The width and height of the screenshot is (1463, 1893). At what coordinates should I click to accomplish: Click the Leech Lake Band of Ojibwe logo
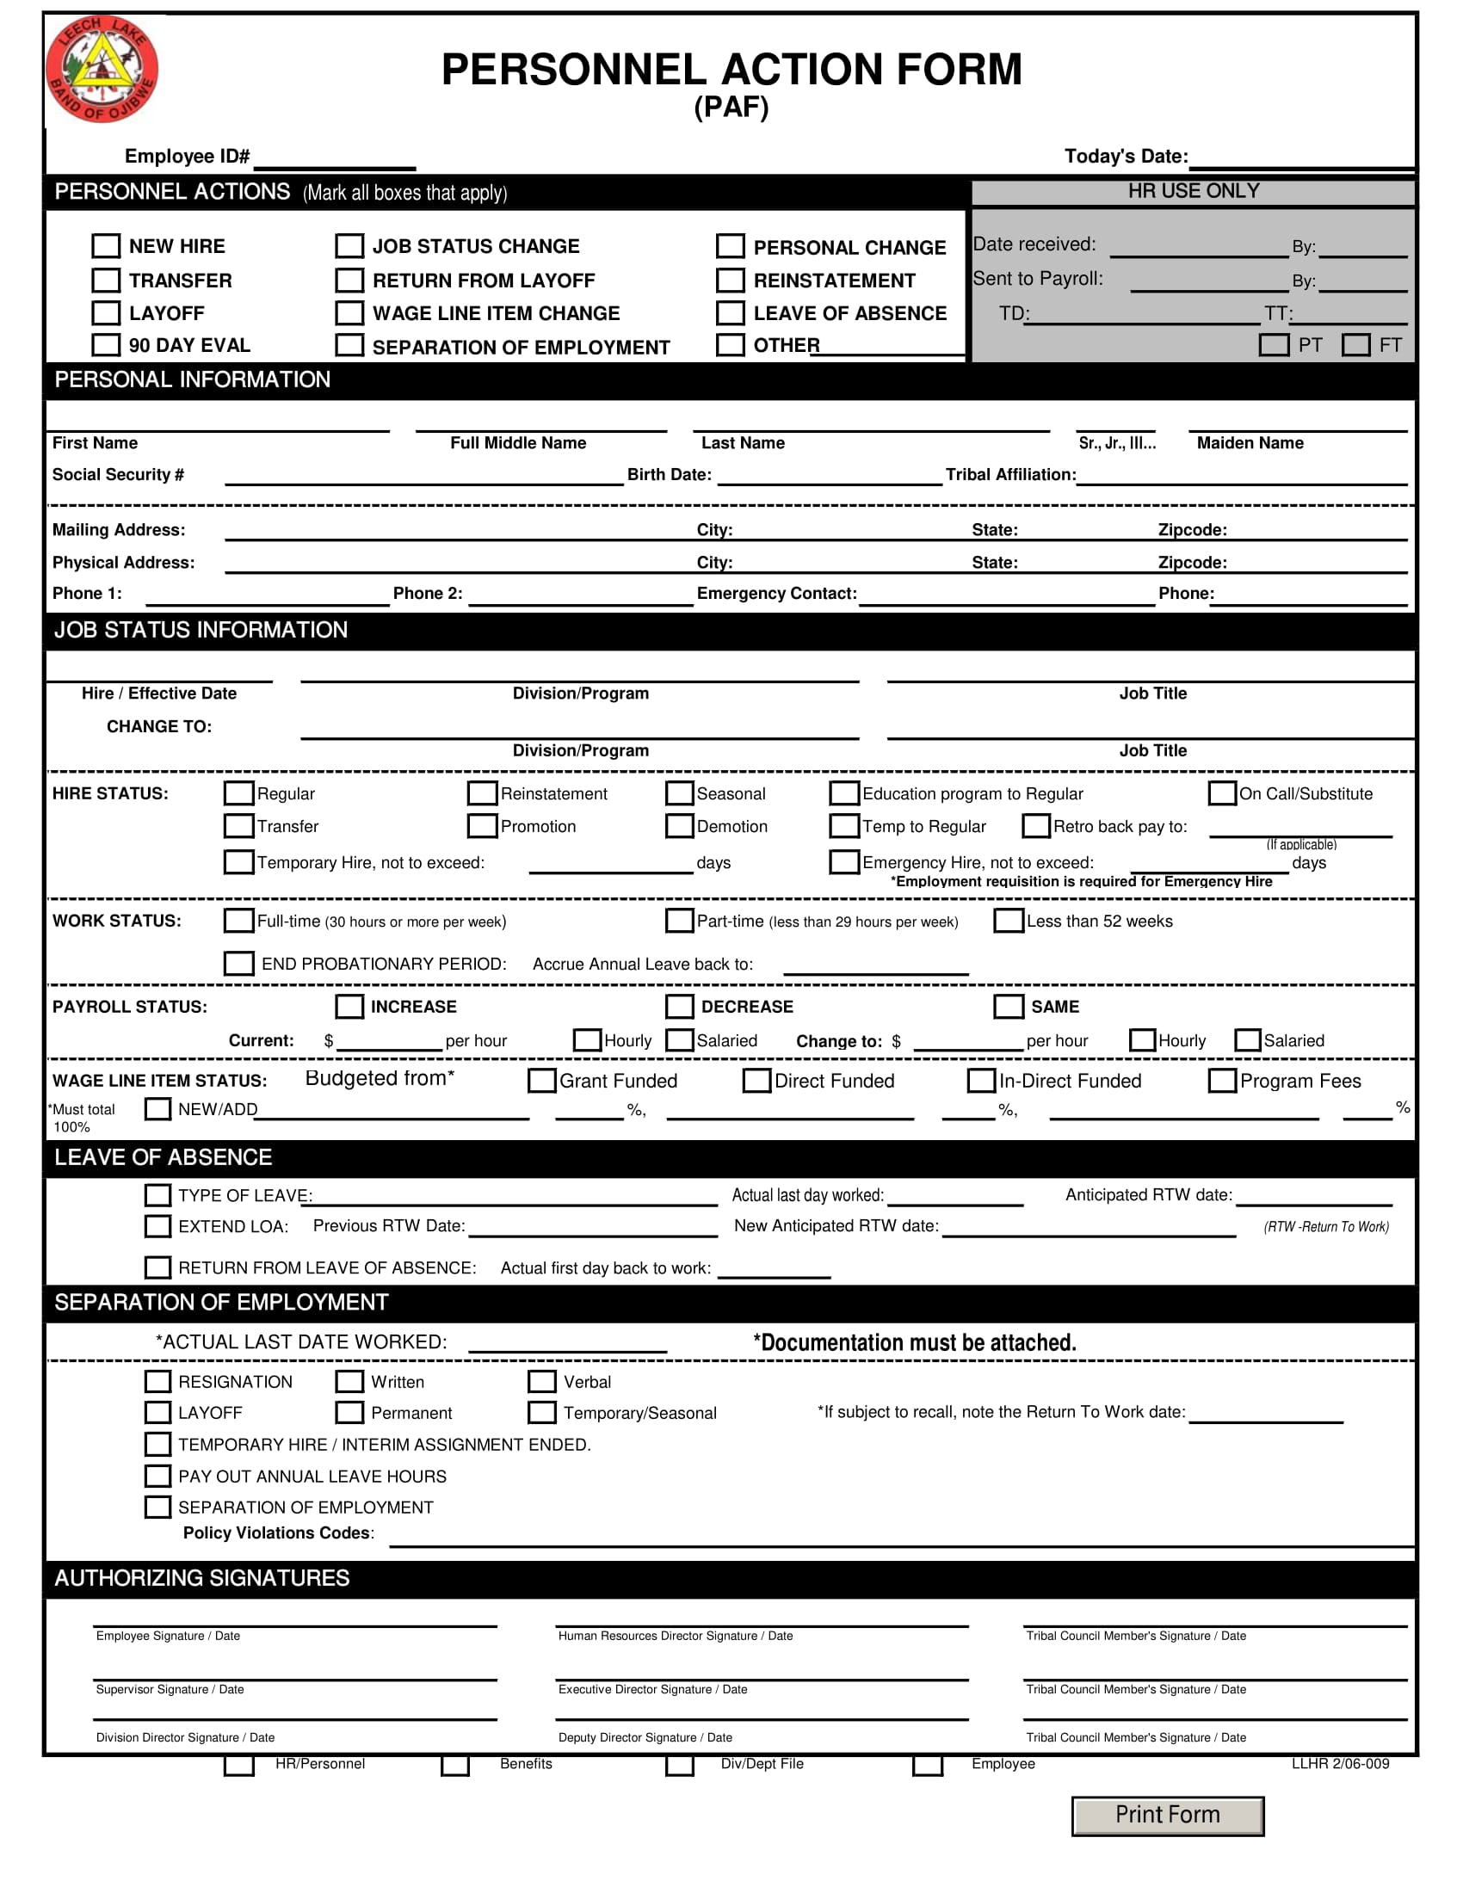102,69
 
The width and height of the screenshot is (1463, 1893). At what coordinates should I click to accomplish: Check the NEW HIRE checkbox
106,246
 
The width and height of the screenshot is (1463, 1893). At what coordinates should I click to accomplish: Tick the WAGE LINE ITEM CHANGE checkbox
349,313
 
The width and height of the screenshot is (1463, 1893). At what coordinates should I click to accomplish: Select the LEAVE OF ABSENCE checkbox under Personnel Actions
730,313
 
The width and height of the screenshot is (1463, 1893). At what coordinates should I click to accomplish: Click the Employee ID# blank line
335,159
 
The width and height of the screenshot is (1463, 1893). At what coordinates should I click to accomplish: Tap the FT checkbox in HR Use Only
1355,345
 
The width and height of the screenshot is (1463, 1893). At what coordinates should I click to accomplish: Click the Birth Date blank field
829,476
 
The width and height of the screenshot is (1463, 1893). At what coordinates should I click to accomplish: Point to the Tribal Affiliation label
1009,474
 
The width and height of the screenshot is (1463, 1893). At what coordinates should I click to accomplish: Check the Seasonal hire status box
680,793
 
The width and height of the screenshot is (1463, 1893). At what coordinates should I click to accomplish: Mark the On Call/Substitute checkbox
1222,793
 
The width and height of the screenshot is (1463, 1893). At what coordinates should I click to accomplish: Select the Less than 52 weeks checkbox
1008,921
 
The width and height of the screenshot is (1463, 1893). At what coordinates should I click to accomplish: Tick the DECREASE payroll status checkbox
680,1007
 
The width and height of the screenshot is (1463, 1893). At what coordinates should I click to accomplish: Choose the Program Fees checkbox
1222,1081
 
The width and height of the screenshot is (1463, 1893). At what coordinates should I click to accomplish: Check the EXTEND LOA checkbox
157,1226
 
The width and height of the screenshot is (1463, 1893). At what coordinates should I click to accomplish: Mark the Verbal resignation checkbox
541,1382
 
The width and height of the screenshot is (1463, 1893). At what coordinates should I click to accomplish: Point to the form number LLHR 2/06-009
1340,1764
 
